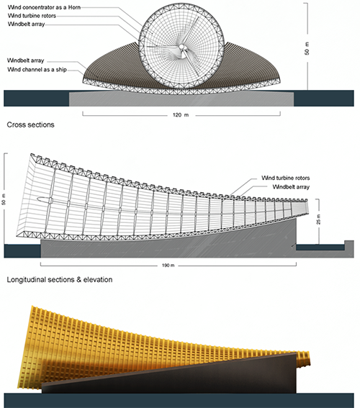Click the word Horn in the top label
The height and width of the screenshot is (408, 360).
74,7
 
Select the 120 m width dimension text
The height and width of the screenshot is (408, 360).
181,114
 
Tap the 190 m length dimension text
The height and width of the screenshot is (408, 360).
168,266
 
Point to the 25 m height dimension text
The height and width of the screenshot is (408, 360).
319,219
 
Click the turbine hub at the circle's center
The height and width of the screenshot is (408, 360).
181,47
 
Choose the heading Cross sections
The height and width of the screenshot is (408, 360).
30,124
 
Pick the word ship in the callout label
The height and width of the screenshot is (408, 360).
61,70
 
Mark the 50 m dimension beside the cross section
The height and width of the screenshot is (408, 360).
307,48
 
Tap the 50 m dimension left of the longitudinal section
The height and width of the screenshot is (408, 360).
4,199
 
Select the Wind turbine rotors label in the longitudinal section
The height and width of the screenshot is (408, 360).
286,178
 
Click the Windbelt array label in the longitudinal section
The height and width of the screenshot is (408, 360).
291,187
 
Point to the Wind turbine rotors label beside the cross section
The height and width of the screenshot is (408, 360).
32,16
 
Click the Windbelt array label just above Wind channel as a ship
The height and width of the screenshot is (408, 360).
25,60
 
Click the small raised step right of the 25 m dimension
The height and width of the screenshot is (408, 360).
349,245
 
